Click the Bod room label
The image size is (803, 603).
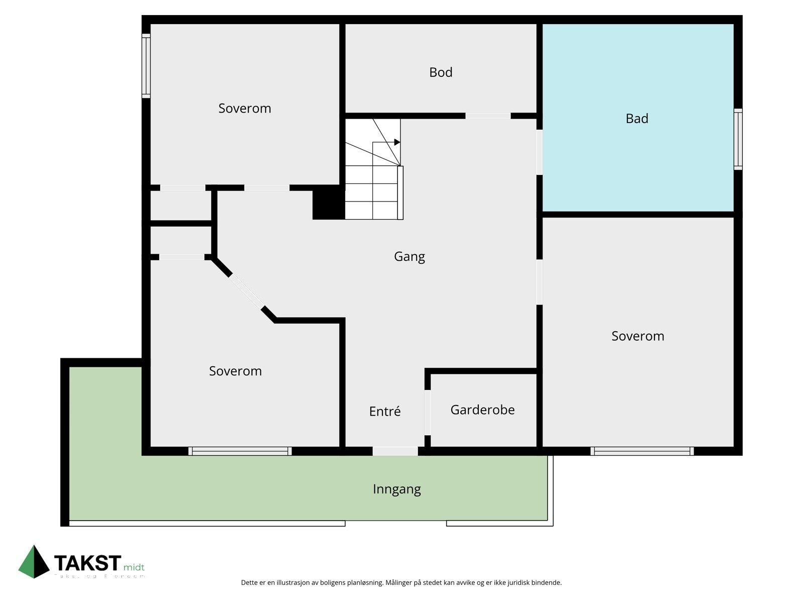[x=441, y=72]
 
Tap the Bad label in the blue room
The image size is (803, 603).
[x=637, y=119]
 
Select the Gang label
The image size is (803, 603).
[x=409, y=257]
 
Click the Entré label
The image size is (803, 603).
[x=385, y=412]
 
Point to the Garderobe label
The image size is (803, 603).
[x=482, y=410]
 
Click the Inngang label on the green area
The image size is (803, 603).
[x=396, y=489]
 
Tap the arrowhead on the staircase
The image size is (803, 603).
[x=397, y=142]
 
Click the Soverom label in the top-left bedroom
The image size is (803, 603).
[x=244, y=109]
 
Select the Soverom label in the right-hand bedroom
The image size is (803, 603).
[x=637, y=336]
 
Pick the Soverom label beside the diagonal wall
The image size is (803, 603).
[x=235, y=371]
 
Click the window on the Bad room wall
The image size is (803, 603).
[x=738, y=139]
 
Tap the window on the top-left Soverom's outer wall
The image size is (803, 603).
[x=146, y=66]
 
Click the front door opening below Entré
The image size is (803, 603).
[x=395, y=451]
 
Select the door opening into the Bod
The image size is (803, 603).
[x=488, y=116]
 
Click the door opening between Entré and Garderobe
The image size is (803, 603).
[x=428, y=413]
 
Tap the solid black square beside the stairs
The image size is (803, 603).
[x=329, y=203]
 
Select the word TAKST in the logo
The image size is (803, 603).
[x=87, y=563]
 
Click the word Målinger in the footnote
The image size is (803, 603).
[x=400, y=583]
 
